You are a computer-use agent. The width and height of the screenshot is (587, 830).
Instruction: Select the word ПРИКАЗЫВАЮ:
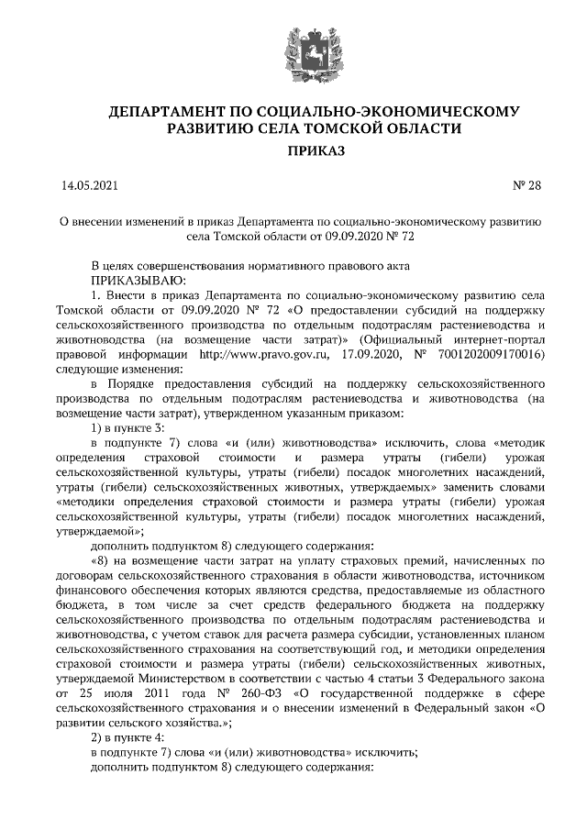(138, 280)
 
